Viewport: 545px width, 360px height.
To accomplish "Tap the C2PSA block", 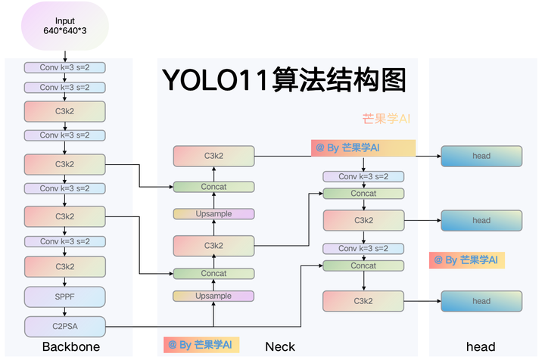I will pos(64,326).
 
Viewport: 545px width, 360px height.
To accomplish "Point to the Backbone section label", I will pos(71,347).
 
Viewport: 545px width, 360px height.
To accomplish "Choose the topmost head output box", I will pos(481,157).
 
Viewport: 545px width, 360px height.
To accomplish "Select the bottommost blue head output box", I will pos(481,301).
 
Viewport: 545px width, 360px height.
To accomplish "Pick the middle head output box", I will pos(481,221).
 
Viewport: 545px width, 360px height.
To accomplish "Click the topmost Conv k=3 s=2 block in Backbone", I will pos(64,67).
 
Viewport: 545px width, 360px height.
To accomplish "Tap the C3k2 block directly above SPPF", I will pos(64,267).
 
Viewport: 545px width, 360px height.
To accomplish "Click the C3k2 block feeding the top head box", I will pos(213,157).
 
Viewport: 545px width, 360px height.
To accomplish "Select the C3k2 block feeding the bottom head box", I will pos(363,301).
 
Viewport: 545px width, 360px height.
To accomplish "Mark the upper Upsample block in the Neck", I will pos(213,214).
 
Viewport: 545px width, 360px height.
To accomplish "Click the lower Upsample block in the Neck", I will pos(213,296).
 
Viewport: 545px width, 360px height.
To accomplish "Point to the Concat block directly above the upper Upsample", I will pos(213,187).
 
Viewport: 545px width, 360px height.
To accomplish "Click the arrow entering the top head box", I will pos(424,157).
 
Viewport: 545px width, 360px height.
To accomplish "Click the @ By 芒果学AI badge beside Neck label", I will pos(201,345).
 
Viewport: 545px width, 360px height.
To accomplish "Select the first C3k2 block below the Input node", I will pos(64,112).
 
